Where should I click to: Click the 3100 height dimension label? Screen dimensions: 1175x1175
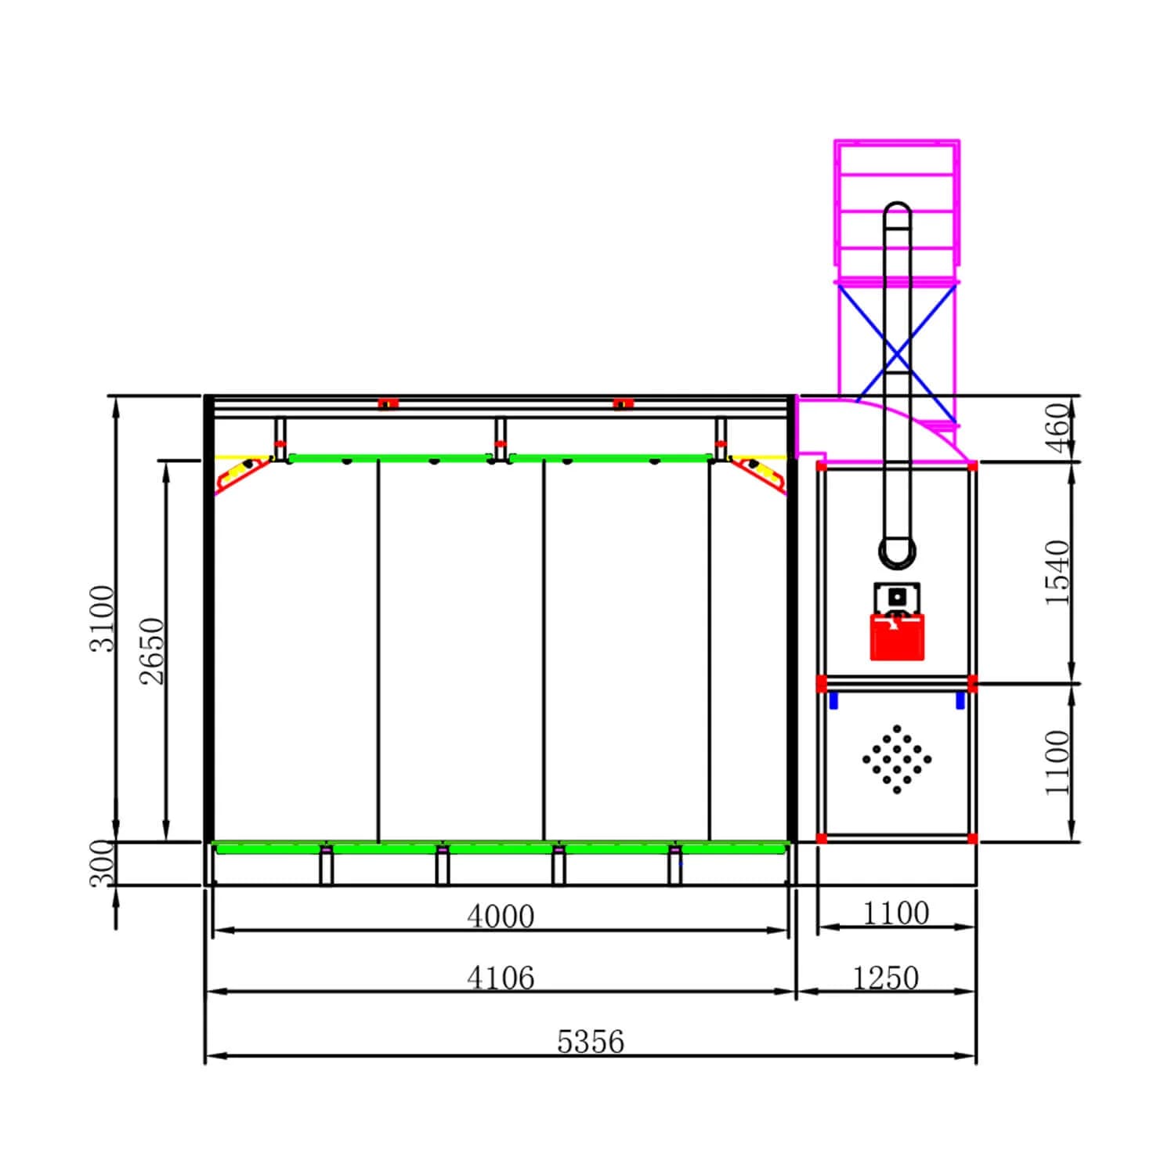(103, 618)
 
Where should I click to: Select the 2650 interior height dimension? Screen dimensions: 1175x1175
(152, 651)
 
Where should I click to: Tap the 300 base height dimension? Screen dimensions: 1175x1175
(102, 862)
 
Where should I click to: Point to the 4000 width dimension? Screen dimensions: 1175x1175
(501, 916)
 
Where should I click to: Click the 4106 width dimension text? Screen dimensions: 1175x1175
(501, 978)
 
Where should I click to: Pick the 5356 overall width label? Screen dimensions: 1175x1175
(591, 1041)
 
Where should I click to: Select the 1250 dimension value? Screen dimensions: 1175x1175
(885, 978)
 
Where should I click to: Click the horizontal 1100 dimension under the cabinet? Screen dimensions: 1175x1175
(896, 913)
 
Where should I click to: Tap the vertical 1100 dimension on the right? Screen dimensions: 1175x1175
(1057, 762)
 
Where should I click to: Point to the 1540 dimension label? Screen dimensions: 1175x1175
(1057, 572)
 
